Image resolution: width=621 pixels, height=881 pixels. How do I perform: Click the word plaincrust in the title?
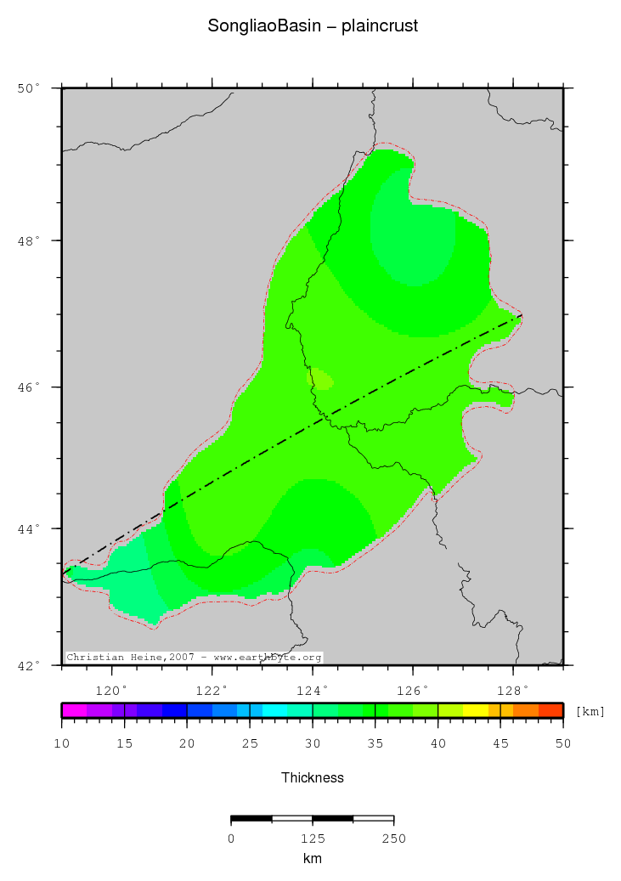(380, 26)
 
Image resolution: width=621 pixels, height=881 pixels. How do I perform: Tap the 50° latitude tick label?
(30, 88)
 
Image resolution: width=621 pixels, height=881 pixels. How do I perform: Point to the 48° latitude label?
(30, 240)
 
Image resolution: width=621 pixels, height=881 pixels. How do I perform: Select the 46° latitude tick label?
(30, 387)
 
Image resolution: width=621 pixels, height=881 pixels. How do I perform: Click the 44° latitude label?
(30, 529)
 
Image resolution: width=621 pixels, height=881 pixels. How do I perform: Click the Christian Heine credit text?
(194, 658)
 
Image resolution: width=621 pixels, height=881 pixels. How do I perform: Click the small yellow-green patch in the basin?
(322, 380)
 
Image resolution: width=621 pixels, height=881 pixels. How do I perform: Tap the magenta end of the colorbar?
(74, 710)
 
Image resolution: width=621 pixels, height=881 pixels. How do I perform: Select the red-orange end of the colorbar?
(550, 710)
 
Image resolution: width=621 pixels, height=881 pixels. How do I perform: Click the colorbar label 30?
(313, 744)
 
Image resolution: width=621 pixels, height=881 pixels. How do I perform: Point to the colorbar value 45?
(500, 744)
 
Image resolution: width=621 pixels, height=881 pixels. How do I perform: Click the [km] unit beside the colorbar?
(590, 711)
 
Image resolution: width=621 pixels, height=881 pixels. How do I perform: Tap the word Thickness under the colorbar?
(313, 777)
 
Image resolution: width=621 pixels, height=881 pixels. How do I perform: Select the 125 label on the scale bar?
(313, 839)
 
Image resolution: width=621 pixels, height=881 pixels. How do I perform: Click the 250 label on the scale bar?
(393, 839)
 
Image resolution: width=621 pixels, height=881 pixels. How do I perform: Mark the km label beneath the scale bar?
(313, 859)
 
